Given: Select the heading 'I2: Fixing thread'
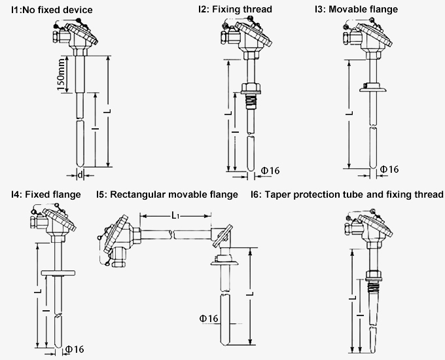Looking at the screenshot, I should click(x=235, y=10).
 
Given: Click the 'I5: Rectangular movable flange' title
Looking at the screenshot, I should click(x=168, y=194).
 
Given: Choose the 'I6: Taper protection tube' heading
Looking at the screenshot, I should click(x=347, y=194).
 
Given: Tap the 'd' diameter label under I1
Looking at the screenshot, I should click(x=80, y=175).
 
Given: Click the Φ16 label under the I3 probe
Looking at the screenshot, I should click(x=389, y=170).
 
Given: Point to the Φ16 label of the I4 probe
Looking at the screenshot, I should click(x=74, y=350).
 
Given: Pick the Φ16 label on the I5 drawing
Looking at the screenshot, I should click(x=208, y=319).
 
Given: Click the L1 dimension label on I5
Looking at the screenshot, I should click(x=177, y=215).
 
